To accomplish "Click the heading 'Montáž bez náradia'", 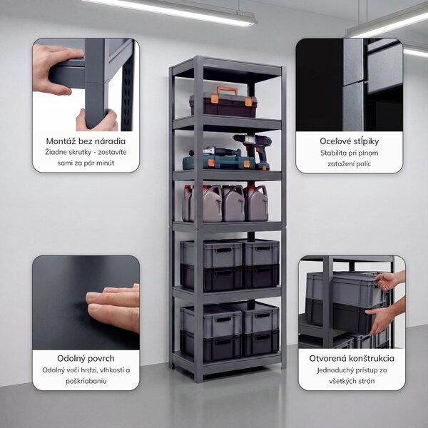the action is coord(86,141).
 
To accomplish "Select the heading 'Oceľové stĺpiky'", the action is coord(349,141).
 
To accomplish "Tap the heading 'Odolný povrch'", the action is coord(86,358).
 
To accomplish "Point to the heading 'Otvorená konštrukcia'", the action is coord(352,358).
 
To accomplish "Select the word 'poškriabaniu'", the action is coord(86,381).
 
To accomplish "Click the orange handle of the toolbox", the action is coord(228,91).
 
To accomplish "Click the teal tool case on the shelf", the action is coord(218,163).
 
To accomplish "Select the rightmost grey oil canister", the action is coord(257,202).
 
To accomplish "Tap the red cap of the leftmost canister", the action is coord(187,188).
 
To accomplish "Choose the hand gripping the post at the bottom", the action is coord(97,120).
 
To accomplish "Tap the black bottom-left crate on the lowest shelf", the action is coord(210,345).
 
